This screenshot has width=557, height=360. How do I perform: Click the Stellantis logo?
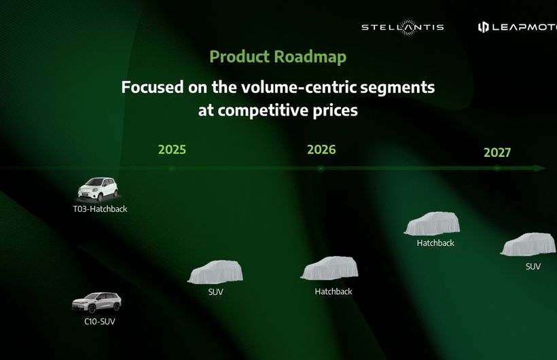[403, 27]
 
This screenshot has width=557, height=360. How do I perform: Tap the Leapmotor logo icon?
[483, 27]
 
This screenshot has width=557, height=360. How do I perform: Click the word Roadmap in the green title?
[310, 57]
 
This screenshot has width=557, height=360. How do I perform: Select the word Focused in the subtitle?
[152, 87]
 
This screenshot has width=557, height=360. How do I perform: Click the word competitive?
[263, 110]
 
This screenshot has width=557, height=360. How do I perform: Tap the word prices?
[336, 111]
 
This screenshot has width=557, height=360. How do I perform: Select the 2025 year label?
[172, 149]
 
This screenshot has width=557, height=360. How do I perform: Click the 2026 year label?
[321, 149]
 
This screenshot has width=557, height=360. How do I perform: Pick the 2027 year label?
[497, 152]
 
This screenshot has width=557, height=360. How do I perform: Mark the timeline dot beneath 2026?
[321, 169]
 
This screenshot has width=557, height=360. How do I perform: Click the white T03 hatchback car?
[98, 190]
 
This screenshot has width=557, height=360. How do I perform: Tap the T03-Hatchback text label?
[100, 209]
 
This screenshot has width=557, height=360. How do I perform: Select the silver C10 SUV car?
[96, 302]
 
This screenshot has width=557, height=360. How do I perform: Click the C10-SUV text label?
[100, 321]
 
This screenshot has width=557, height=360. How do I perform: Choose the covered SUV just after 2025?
[215, 272]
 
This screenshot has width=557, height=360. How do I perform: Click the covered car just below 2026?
[329, 268]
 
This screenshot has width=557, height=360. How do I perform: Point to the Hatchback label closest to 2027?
[435, 243]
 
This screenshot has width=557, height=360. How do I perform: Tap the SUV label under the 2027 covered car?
[533, 266]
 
